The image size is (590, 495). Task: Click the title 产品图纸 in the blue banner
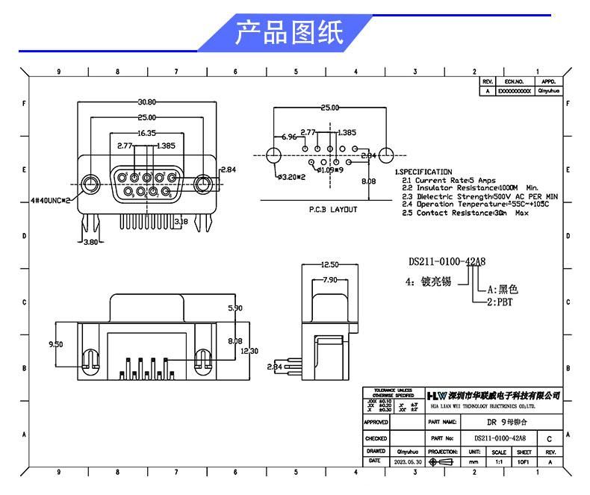(x=289, y=34)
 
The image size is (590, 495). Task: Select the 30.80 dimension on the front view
(x=146, y=102)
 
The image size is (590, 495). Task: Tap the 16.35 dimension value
(x=146, y=133)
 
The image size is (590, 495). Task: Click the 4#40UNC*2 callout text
(x=50, y=201)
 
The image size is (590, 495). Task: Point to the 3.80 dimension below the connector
(x=90, y=243)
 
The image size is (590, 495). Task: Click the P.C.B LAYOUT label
(x=333, y=210)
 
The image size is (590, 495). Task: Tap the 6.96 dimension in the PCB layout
(x=290, y=138)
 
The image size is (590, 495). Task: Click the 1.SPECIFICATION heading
(x=423, y=172)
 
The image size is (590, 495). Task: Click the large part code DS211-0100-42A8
(x=447, y=262)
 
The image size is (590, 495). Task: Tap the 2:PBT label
(x=500, y=302)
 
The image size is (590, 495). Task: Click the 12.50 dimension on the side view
(x=330, y=265)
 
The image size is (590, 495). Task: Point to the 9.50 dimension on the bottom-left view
(x=55, y=344)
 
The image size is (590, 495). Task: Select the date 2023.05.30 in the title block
(x=407, y=462)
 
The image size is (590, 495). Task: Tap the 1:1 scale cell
(x=499, y=462)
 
